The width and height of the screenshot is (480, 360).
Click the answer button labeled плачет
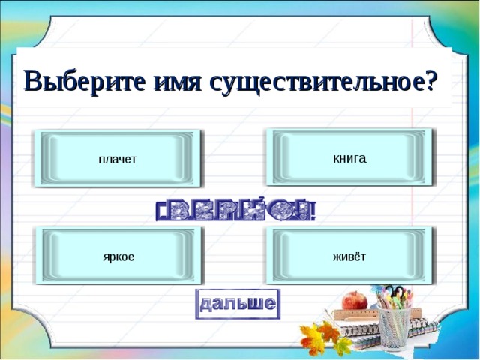click(118, 158)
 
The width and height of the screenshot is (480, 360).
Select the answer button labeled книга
click(349, 157)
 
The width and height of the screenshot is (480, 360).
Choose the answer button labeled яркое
click(118, 256)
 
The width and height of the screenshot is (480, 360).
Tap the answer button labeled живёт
click(349, 256)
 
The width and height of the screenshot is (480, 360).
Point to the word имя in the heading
click(175, 80)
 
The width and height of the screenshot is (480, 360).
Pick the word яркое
click(118, 256)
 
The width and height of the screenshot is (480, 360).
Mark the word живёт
click(349, 256)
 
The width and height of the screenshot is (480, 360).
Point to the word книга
click(349, 158)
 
